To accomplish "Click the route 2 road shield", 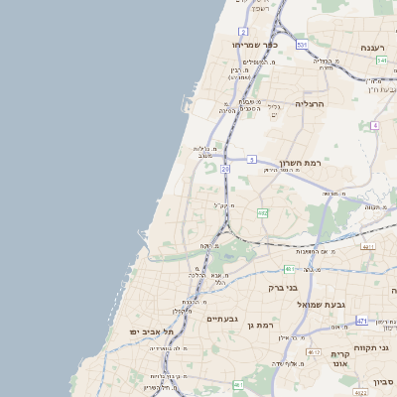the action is [x=243, y=32].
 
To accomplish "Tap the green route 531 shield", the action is [x=302, y=45].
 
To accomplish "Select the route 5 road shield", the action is [x=252, y=159].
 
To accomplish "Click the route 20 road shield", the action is [x=225, y=170].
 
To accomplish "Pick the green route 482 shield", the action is [x=262, y=212].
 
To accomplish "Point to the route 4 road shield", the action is [x=375, y=126].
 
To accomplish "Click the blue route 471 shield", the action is [x=362, y=321].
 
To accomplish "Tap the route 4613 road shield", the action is [x=314, y=352].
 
